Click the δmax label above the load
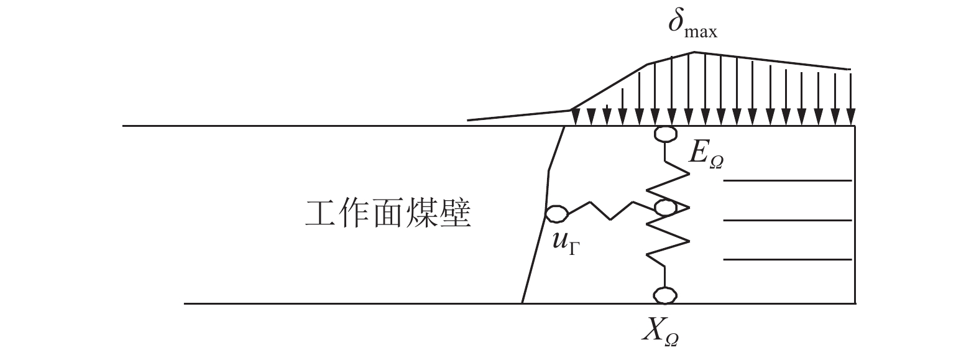coord(693,25)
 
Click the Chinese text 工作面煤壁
coord(388,214)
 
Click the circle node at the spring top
coord(665,133)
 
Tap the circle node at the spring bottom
coord(665,295)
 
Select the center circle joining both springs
coord(665,208)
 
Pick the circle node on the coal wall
coord(556,213)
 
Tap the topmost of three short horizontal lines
coord(788,180)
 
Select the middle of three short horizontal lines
coord(788,220)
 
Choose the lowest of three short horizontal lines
coord(788,259)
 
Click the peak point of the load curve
coord(694,52)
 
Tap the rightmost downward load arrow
coord(850,99)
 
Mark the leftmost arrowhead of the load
coord(576,118)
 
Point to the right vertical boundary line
coord(855,215)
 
